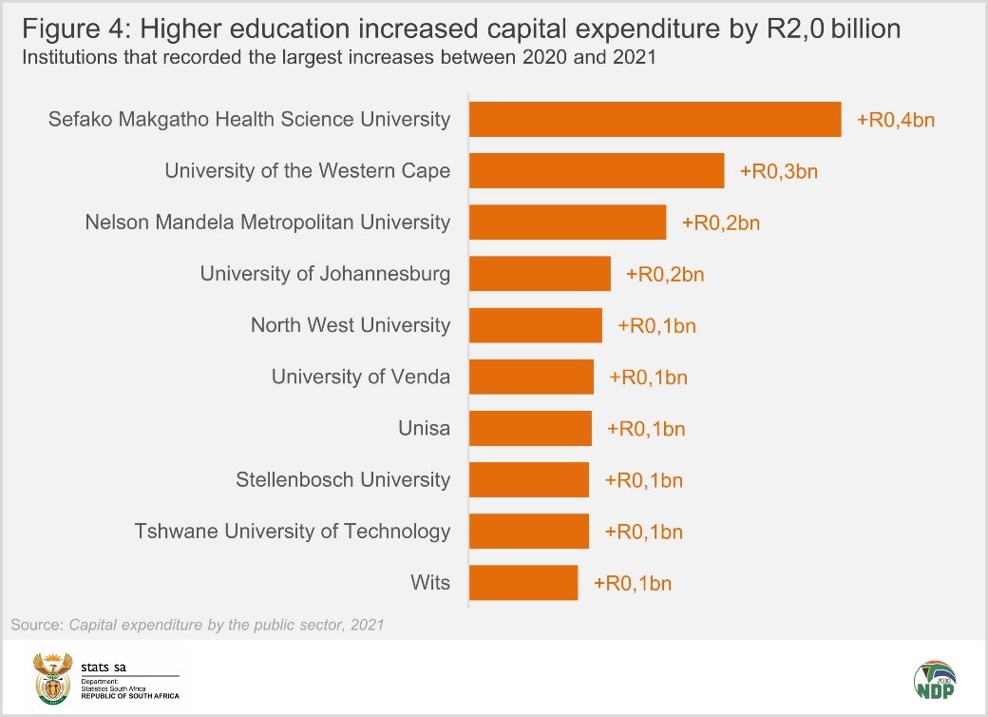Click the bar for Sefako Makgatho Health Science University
point(655,119)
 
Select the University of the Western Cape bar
point(597,171)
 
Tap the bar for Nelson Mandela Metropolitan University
point(568,223)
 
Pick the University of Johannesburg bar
point(540,274)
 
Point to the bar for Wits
point(523,582)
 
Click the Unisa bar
point(530,428)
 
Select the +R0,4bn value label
point(896,120)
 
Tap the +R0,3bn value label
point(779,171)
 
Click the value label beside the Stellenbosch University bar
point(644,480)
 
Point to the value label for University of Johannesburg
point(665,275)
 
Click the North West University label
point(351,325)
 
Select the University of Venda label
point(361,377)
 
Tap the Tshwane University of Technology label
point(293,531)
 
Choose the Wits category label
point(430,582)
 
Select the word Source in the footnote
point(35,625)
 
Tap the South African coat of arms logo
point(52,676)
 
